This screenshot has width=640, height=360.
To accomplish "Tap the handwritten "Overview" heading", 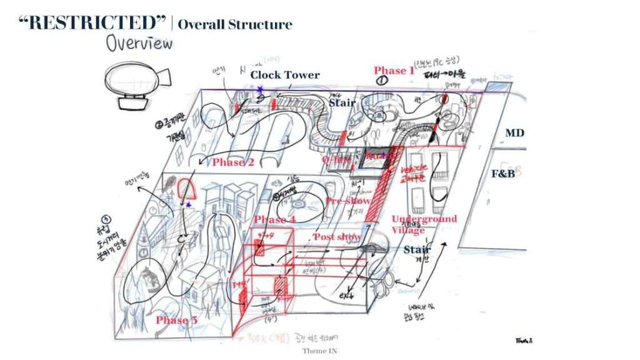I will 139,43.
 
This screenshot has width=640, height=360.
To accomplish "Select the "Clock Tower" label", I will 285,75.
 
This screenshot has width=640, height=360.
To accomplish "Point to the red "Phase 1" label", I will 394,71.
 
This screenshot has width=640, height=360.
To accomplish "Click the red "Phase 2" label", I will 232,162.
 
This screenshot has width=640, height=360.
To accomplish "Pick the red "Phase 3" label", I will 177,321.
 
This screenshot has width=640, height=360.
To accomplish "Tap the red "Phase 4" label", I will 275,220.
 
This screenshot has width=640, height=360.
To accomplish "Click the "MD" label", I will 515,133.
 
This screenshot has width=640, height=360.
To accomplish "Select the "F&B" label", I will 503,174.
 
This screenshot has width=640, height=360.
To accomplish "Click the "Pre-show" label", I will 347,201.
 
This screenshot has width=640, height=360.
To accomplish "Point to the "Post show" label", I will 337,237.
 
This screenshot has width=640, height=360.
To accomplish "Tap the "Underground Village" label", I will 424,224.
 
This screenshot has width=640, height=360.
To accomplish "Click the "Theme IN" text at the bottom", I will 320,351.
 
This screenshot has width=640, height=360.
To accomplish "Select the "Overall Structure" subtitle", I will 235,25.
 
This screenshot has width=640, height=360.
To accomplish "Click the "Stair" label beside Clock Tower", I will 342,102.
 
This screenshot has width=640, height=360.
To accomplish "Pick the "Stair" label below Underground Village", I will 417,251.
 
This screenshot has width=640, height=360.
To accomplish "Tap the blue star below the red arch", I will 188,205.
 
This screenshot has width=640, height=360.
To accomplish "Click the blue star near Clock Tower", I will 259,90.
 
